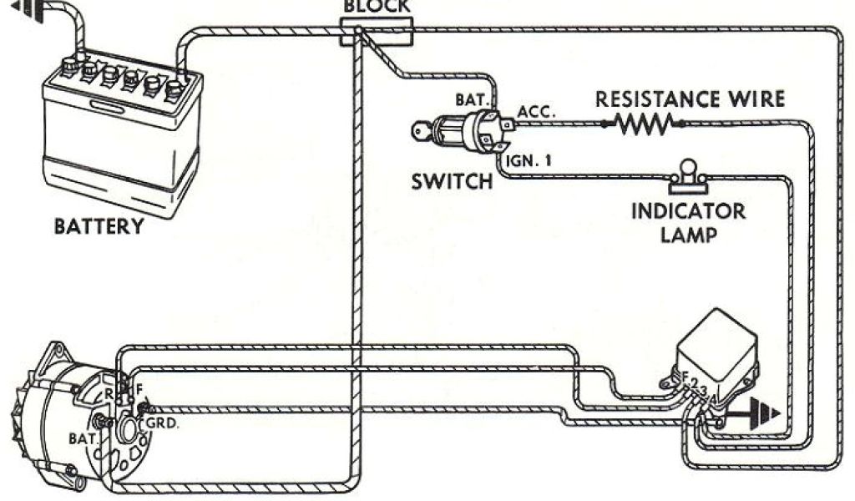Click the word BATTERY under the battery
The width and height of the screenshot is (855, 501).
(99, 226)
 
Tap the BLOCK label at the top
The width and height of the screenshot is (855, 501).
(377, 7)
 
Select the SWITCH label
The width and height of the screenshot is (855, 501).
(452, 181)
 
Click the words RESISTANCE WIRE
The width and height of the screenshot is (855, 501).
(690, 99)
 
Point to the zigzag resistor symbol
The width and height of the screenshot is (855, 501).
(643, 124)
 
